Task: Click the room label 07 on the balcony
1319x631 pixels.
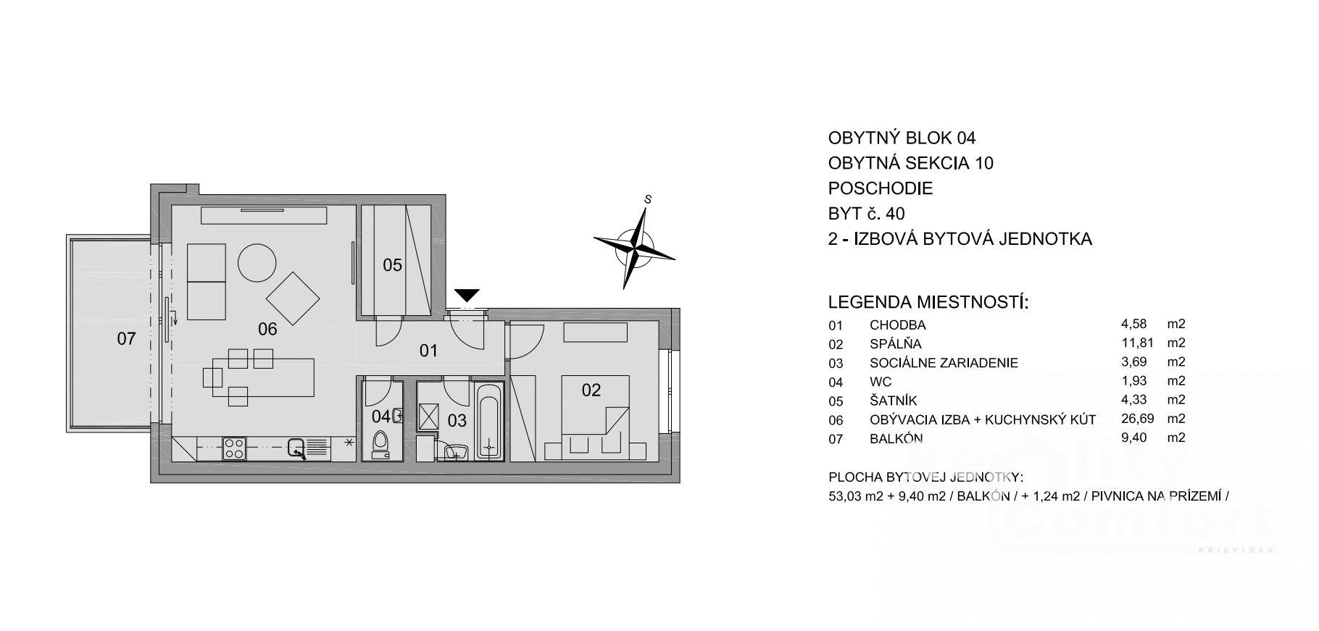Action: tap(126, 338)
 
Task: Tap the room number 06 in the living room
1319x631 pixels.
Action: tap(267, 329)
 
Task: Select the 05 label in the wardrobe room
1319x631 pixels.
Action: tap(392, 265)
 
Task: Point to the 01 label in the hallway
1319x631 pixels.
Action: tap(429, 351)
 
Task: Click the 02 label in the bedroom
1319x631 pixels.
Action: tap(591, 390)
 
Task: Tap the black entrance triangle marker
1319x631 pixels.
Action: tap(467, 295)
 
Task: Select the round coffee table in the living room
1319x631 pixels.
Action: tap(257, 262)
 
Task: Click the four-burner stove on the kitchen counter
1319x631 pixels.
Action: tap(234, 448)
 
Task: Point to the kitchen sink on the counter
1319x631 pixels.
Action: tap(296, 448)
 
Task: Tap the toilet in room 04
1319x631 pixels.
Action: tap(380, 444)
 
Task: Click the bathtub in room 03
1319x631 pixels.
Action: tap(488, 422)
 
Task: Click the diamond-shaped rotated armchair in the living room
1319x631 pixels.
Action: tap(294, 298)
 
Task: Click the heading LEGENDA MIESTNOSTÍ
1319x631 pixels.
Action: tap(928, 302)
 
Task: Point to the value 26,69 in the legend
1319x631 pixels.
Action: tap(1137, 418)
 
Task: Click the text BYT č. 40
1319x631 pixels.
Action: tap(867, 214)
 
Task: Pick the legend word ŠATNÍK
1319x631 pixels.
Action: tap(894, 400)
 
